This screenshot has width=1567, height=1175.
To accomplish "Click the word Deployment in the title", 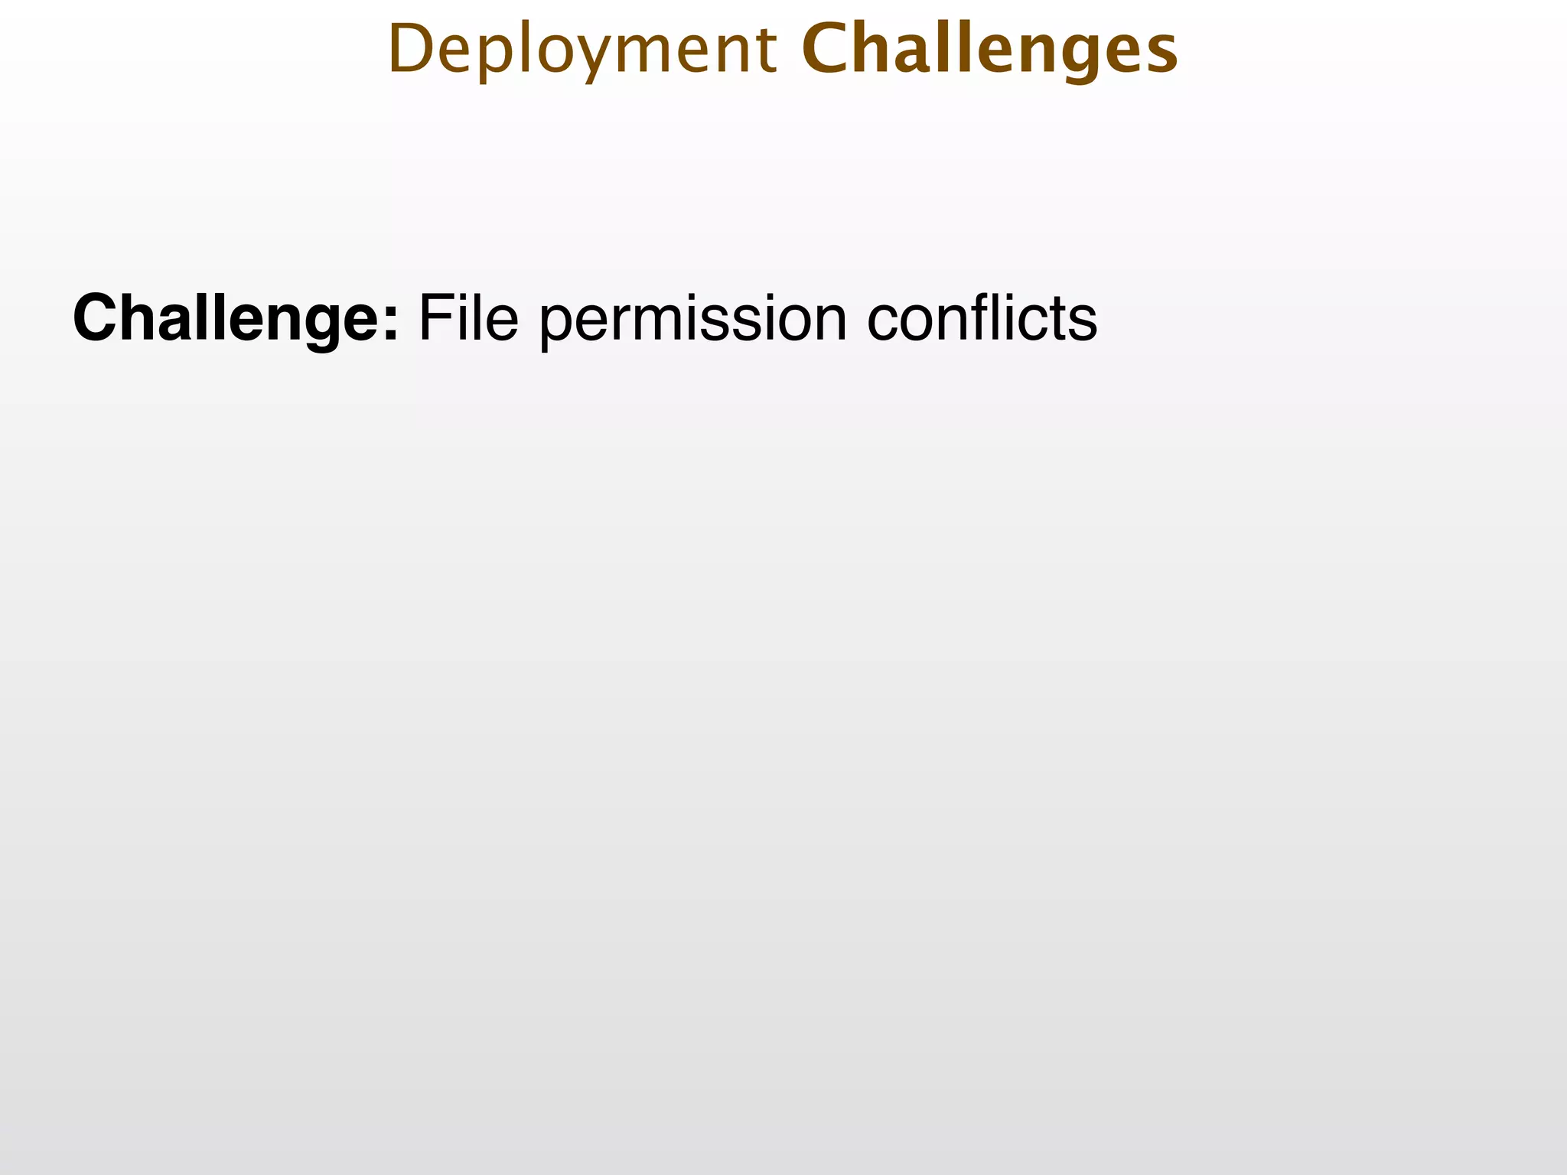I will pyautogui.click(x=582, y=50).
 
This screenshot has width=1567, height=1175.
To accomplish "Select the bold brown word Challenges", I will pyautogui.click(x=989, y=50).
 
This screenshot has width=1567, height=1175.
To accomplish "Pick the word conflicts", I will pyautogui.click(x=982, y=317).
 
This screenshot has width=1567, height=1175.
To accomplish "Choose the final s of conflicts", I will pyautogui.click(x=1083, y=321).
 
